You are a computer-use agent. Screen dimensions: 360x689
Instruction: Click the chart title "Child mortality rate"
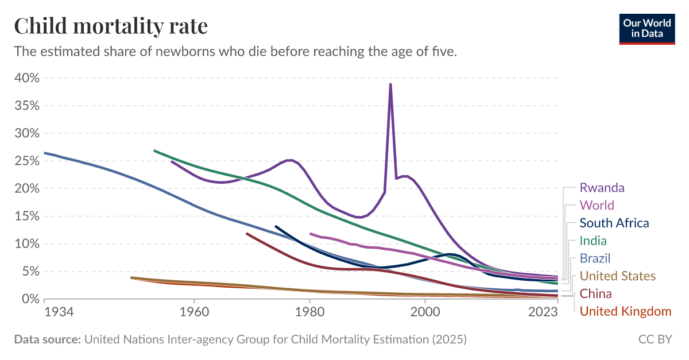[111, 26]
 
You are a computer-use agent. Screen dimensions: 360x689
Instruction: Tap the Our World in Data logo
[647, 28]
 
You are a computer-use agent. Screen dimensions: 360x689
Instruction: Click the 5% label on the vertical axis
[30, 272]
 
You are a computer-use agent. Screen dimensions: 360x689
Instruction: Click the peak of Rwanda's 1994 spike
[390, 84]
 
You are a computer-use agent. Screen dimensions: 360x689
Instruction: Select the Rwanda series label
[602, 188]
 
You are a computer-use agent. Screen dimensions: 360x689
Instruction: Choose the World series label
[597, 206]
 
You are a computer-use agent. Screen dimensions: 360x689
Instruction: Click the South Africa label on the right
[614, 223]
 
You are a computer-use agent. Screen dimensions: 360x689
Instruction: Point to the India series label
[593, 241]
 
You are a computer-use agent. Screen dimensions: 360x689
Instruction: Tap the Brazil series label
[595, 259]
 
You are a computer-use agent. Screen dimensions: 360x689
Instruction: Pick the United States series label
[617, 277]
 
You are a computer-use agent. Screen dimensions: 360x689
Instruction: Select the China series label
[595, 295]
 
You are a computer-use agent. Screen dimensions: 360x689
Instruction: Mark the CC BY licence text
[655, 340]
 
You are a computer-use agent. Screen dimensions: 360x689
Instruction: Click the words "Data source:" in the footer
[47, 340]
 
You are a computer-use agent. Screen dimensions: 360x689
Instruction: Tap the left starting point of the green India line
[154, 151]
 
